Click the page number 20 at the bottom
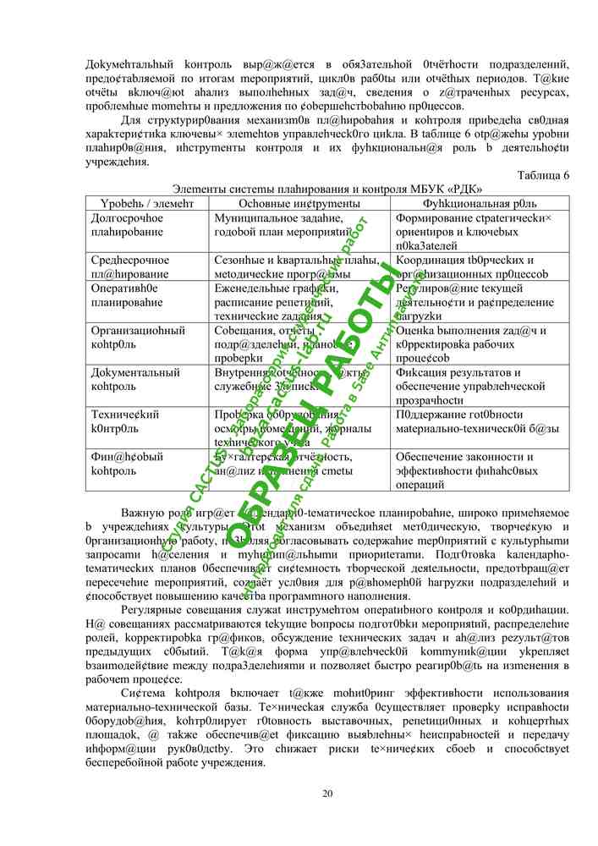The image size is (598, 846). point(328,793)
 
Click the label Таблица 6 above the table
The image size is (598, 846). point(542,175)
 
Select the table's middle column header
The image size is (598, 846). point(299,204)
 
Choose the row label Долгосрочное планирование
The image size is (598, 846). point(128,225)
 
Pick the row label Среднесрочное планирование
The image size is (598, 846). point(130,267)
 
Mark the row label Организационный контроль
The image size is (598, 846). point(138,338)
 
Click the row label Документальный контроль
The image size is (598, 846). point(135,379)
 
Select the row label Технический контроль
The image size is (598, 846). point(125,421)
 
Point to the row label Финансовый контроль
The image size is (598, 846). point(127,464)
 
